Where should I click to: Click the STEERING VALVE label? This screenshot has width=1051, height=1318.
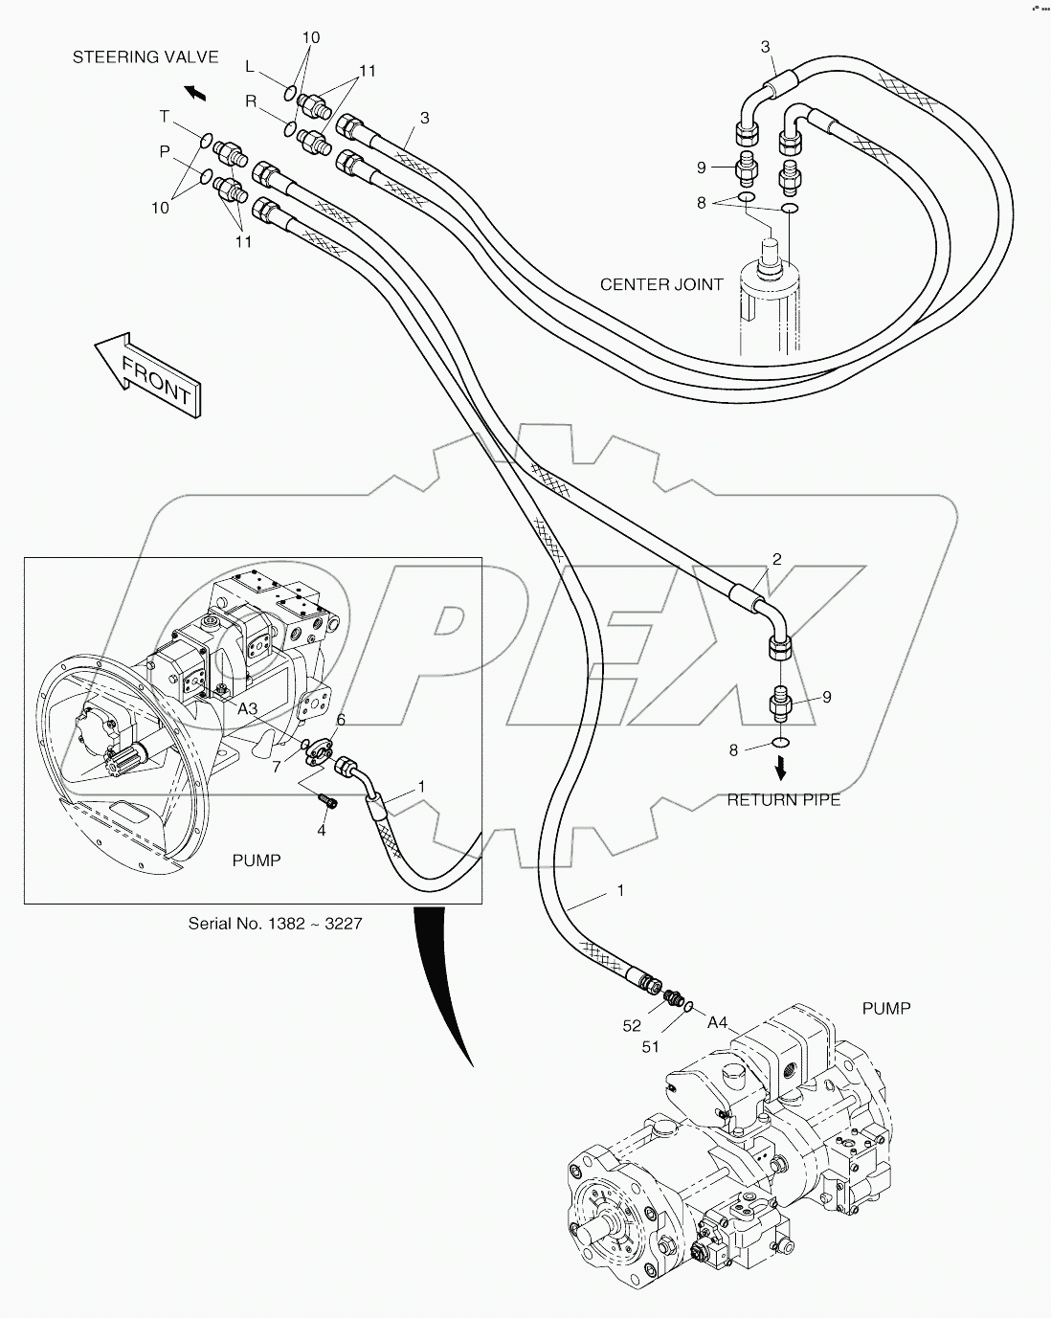point(145,57)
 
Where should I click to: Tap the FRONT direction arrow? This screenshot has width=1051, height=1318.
point(149,373)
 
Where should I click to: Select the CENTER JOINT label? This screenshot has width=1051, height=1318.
point(661,284)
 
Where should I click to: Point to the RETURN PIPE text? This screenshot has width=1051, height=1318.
point(783,799)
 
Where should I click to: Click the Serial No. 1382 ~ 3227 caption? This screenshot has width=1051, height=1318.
point(275,924)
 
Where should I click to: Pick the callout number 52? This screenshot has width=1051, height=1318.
point(632,1025)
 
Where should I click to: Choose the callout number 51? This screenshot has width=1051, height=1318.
point(651,1046)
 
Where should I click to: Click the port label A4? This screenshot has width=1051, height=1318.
point(718,1023)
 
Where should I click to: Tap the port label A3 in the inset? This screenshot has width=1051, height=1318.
point(247,708)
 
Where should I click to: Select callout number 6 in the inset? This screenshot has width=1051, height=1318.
point(340,720)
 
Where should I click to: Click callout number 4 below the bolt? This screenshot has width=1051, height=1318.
point(322,830)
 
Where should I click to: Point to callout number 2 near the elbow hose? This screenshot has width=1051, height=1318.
point(776,559)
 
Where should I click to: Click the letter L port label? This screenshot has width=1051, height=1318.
point(250,66)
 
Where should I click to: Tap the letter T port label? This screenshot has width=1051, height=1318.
point(164,117)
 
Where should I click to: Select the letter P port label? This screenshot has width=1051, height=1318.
point(164,152)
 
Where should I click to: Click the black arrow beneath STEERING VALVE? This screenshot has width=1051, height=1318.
point(195,92)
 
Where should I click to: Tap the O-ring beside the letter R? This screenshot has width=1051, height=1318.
point(289,126)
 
